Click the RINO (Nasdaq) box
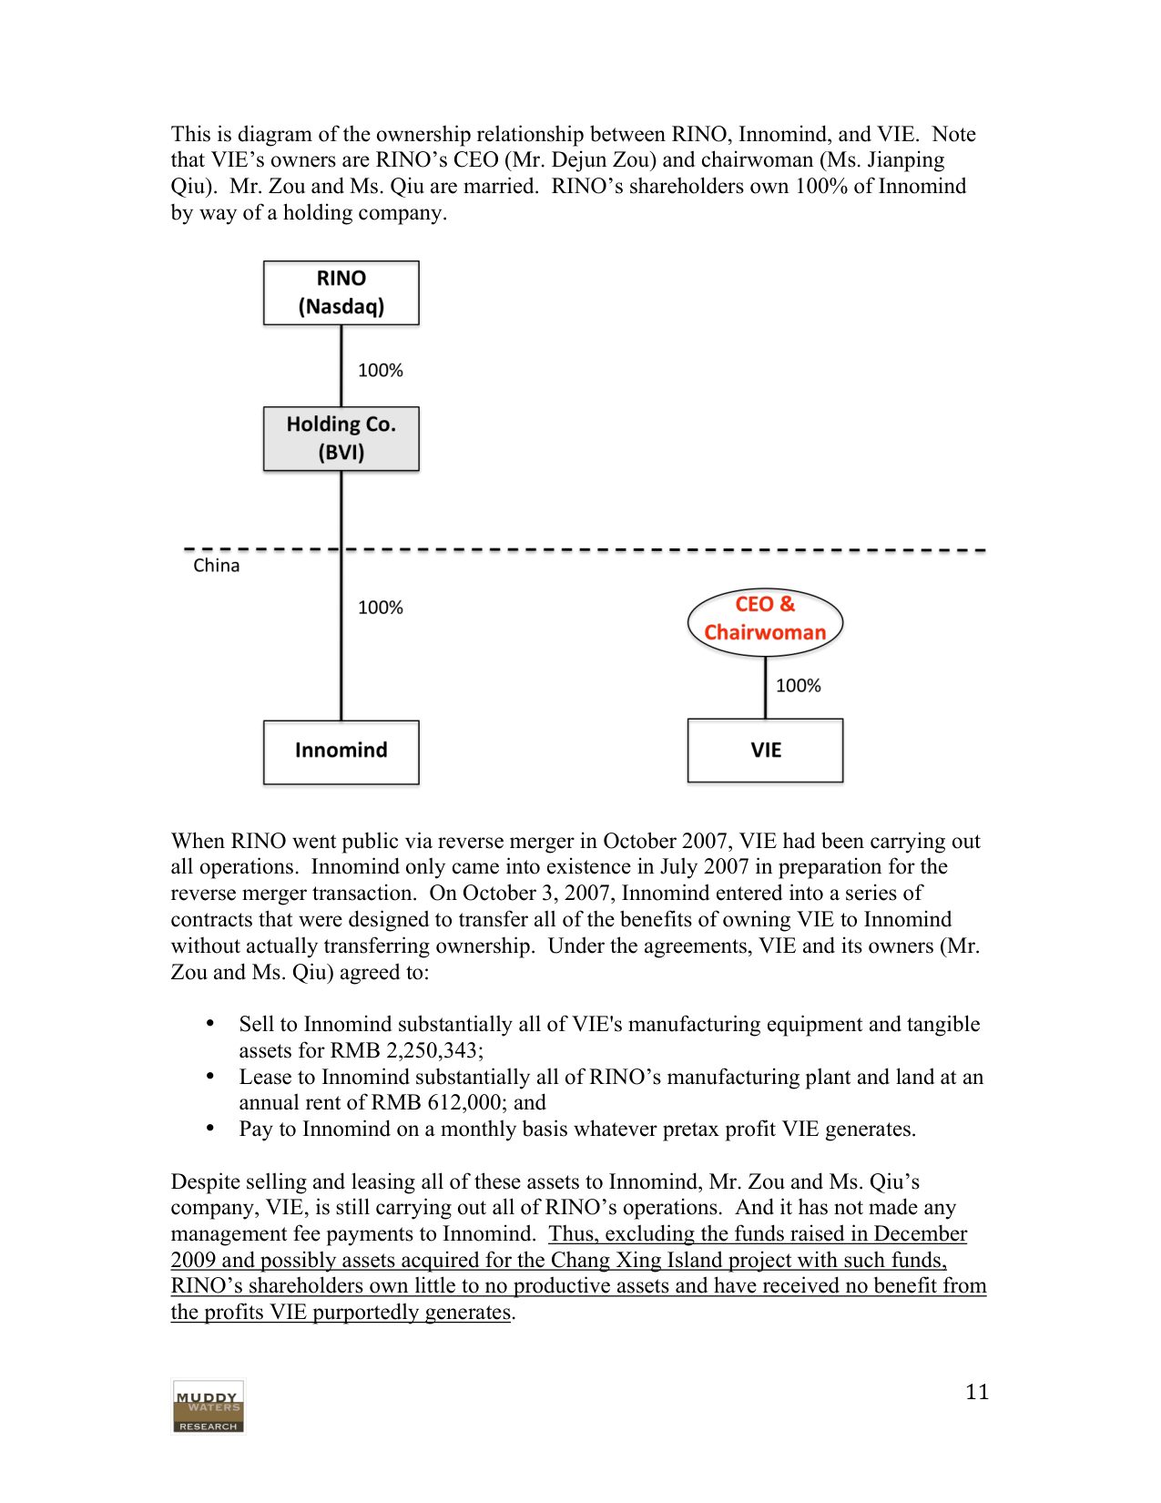coord(341,292)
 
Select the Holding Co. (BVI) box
coord(341,438)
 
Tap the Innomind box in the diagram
coord(341,751)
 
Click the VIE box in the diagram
coord(765,751)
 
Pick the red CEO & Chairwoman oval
coord(765,619)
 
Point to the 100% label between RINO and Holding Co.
coord(380,371)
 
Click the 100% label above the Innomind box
coord(380,608)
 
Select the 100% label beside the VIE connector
coord(798,686)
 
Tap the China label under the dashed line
coord(216,566)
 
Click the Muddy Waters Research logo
coord(209,1406)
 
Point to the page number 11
coord(976,1392)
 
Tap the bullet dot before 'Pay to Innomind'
coord(210,1128)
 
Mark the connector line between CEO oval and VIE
coord(765,688)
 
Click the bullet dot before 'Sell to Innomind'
coord(210,1023)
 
